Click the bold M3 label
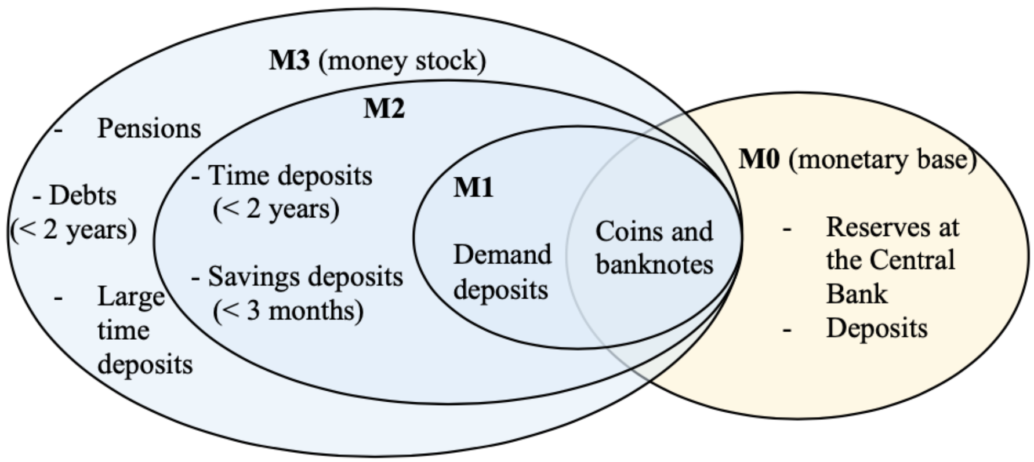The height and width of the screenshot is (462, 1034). tap(289, 60)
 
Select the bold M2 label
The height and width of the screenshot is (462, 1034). tap(384, 108)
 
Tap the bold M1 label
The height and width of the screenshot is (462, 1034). tap(473, 187)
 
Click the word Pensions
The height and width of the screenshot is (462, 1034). tap(149, 129)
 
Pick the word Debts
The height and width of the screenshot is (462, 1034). tap(83, 196)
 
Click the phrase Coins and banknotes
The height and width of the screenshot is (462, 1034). tap(654, 248)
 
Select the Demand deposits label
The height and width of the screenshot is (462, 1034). tap(502, 271)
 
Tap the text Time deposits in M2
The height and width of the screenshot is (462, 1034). tap(290, 175)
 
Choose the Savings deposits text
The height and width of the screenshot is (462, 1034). tap(305, 277)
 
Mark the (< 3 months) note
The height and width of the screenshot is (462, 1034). tap(288, 311)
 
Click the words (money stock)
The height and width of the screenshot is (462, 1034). tap(402, 60)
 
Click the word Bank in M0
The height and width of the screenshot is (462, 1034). tap(857, 293)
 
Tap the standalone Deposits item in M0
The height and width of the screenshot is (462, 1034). tap(877, 328)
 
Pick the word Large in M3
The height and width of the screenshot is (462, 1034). tap(131, 297)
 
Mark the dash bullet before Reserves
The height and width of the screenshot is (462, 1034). tap(787, 230)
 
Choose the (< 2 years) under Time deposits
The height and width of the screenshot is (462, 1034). tap(276, 209)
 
